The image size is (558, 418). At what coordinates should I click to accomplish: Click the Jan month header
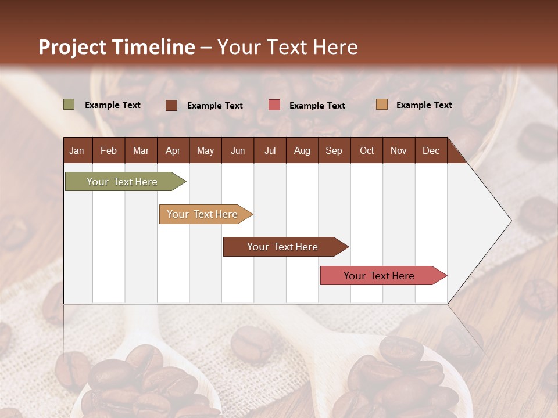coord(77,150)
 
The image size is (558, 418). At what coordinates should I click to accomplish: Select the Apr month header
coord(173,150)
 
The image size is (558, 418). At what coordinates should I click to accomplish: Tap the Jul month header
coord(270,150)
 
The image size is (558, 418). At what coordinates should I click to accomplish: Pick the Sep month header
coord(334,150)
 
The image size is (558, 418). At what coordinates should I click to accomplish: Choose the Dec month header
coord(431,150)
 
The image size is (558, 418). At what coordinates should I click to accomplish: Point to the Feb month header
coord(109,150)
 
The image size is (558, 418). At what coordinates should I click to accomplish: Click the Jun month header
coord(238,150)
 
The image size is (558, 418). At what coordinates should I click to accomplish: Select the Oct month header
coord(367,150)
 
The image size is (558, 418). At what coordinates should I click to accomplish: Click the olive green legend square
coord(69,105)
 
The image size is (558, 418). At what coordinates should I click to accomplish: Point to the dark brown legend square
coord(171,105)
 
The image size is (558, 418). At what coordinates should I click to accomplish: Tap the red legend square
coord(274,105)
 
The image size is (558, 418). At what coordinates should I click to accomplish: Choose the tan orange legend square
coord(381,105)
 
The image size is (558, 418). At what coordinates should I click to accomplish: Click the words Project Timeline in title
coord(116,47)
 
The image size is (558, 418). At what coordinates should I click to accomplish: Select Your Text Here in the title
coord(287,47)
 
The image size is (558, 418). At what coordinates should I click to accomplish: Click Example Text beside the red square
coord(317,106)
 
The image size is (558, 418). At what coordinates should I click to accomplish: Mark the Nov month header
coord(399,150)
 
